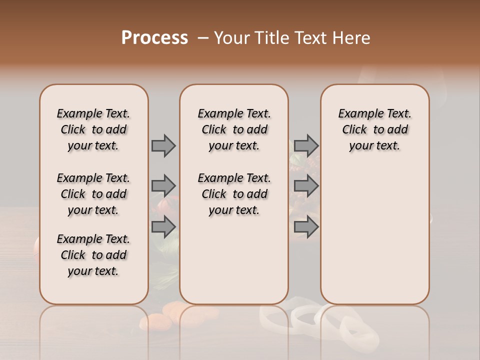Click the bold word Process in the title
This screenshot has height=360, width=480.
[154, 38]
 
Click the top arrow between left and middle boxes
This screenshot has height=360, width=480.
[163, 145]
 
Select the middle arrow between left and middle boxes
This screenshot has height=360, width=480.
[163, 186]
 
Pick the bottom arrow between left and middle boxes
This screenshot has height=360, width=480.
[163, 227]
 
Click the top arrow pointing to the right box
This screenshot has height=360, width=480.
[306, 145]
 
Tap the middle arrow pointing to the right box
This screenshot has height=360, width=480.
[306, 186]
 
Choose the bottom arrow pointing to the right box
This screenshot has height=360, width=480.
[306, 227]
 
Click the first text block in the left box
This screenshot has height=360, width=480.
[93, 129]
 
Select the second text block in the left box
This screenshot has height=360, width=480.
[93, 194]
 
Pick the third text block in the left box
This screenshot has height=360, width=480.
[93, 255]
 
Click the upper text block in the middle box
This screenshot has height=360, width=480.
[234, 129]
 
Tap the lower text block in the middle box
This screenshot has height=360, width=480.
[234, 194]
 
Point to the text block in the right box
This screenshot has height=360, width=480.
[375, 129]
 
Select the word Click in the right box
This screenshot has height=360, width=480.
[355, 130]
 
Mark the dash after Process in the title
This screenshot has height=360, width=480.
[203, 38]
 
